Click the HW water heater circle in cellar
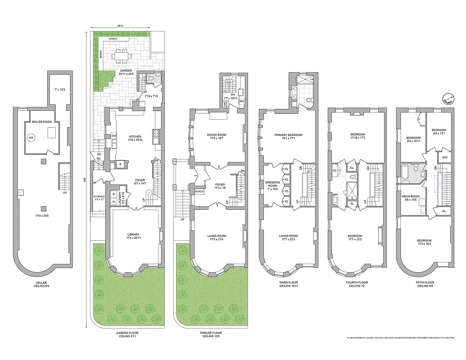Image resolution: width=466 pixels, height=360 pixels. click(31, 138)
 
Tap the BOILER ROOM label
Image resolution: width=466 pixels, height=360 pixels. click(41, 122)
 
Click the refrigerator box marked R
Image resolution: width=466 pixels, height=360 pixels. click(121, 164)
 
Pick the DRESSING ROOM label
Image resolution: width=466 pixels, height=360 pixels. click(272, 184)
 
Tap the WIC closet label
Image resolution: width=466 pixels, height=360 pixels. click(444, 157)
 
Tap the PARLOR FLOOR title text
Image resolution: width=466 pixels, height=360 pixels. click(211, 333)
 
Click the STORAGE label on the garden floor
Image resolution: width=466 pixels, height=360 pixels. click(99, 197)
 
